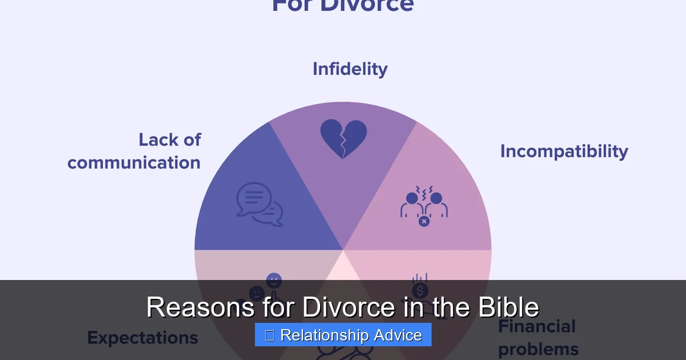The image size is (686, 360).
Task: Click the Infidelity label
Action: coord(350,69)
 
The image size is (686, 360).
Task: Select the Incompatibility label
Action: coord(564,151)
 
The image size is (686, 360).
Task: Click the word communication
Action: coord(134,163)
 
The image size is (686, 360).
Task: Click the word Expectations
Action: coord(142,338)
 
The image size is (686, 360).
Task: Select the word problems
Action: coord(538,349)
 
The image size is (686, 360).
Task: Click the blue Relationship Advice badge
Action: coord(343,335)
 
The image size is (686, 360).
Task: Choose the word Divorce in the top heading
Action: coord(366,6)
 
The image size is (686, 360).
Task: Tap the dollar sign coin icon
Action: coord(420,290)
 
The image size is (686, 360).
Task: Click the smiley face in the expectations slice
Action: coord(274,281)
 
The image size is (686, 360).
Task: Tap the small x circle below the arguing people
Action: coord(424,221)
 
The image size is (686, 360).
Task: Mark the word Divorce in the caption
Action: coord(348,307)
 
